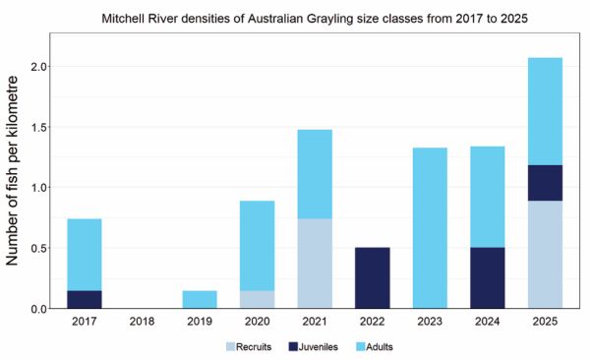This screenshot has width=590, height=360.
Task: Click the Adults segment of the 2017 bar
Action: click(x=85, y=255)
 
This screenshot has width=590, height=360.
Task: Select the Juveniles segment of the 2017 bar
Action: click(x=85, y=299)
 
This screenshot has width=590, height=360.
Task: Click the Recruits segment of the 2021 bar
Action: click(x=314, y=264)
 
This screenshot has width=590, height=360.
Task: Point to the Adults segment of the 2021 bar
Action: click(x=314, y=174)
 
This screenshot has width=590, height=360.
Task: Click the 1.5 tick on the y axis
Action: click(x=40, y=127)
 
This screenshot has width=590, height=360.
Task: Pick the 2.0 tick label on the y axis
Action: click(x=40, y=67)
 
